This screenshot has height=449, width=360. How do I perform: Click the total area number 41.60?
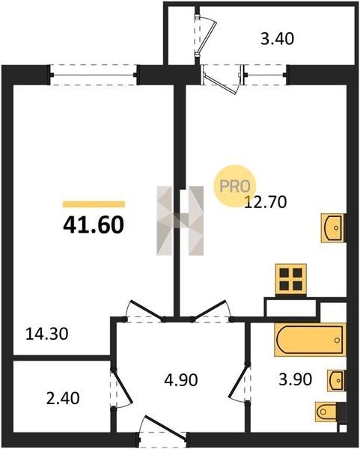94,224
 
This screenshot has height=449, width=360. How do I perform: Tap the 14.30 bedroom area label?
47,334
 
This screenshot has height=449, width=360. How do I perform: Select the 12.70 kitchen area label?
265,202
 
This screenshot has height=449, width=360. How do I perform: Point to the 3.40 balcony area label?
277,39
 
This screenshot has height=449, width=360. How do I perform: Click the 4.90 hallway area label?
181,380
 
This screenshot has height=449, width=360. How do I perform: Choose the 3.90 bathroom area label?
296,379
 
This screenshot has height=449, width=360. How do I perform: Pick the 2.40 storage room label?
63,398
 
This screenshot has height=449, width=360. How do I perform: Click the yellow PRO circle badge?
234,186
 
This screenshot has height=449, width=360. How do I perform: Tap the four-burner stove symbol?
291,280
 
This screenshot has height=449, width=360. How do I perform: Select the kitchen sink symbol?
333,228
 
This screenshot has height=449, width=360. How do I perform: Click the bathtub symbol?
310,340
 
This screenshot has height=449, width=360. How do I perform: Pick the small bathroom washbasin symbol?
336,381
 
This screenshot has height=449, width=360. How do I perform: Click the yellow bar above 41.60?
94,204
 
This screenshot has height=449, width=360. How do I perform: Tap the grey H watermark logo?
180,221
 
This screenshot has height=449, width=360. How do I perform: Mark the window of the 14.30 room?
94,75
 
